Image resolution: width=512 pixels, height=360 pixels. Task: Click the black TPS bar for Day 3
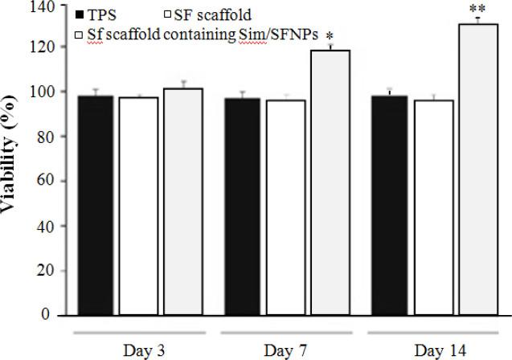[x=95, y=206]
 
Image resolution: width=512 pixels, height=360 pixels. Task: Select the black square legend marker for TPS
[x=79, y=15]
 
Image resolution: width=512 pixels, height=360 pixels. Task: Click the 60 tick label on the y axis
[x=48, y=182]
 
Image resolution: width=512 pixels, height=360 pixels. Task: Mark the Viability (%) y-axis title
[x=15, y=169]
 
